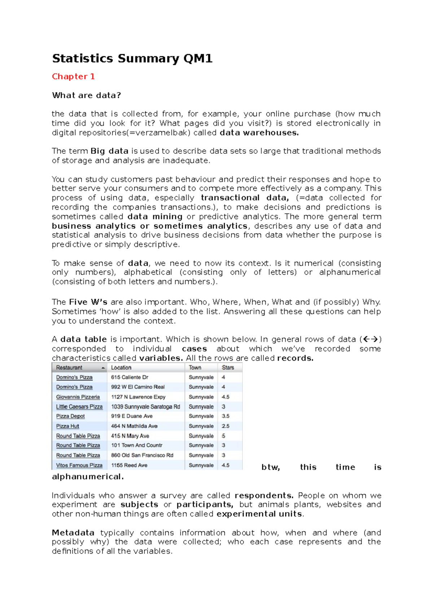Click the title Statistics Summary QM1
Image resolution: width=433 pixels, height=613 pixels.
click(132, 58)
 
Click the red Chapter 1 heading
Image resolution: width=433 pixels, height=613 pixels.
click(73, 77)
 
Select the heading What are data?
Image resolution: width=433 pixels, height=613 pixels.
click(86, 95)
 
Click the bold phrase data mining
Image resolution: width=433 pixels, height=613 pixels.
click(155, 217)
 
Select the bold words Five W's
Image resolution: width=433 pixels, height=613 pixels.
click(88, 302)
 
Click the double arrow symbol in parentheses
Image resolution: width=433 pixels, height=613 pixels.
click(371, 339)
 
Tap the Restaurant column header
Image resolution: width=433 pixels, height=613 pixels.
click(69, 368)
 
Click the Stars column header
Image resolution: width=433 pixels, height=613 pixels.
click(228, 368)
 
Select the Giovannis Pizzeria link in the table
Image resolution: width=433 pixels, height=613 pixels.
click(78, 397)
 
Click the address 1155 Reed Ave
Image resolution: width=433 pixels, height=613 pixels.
click(129, 465)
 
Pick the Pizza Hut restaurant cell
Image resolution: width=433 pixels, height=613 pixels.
click(67, 426)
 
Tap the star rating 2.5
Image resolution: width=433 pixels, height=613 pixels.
click(226, 426)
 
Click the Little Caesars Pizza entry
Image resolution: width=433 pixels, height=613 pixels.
click(79, 407)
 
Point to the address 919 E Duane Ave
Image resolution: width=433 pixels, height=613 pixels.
click(132, 416)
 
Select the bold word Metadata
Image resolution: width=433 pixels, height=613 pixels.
click(73, 533)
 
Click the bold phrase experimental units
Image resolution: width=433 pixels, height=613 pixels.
click(259, 514)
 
